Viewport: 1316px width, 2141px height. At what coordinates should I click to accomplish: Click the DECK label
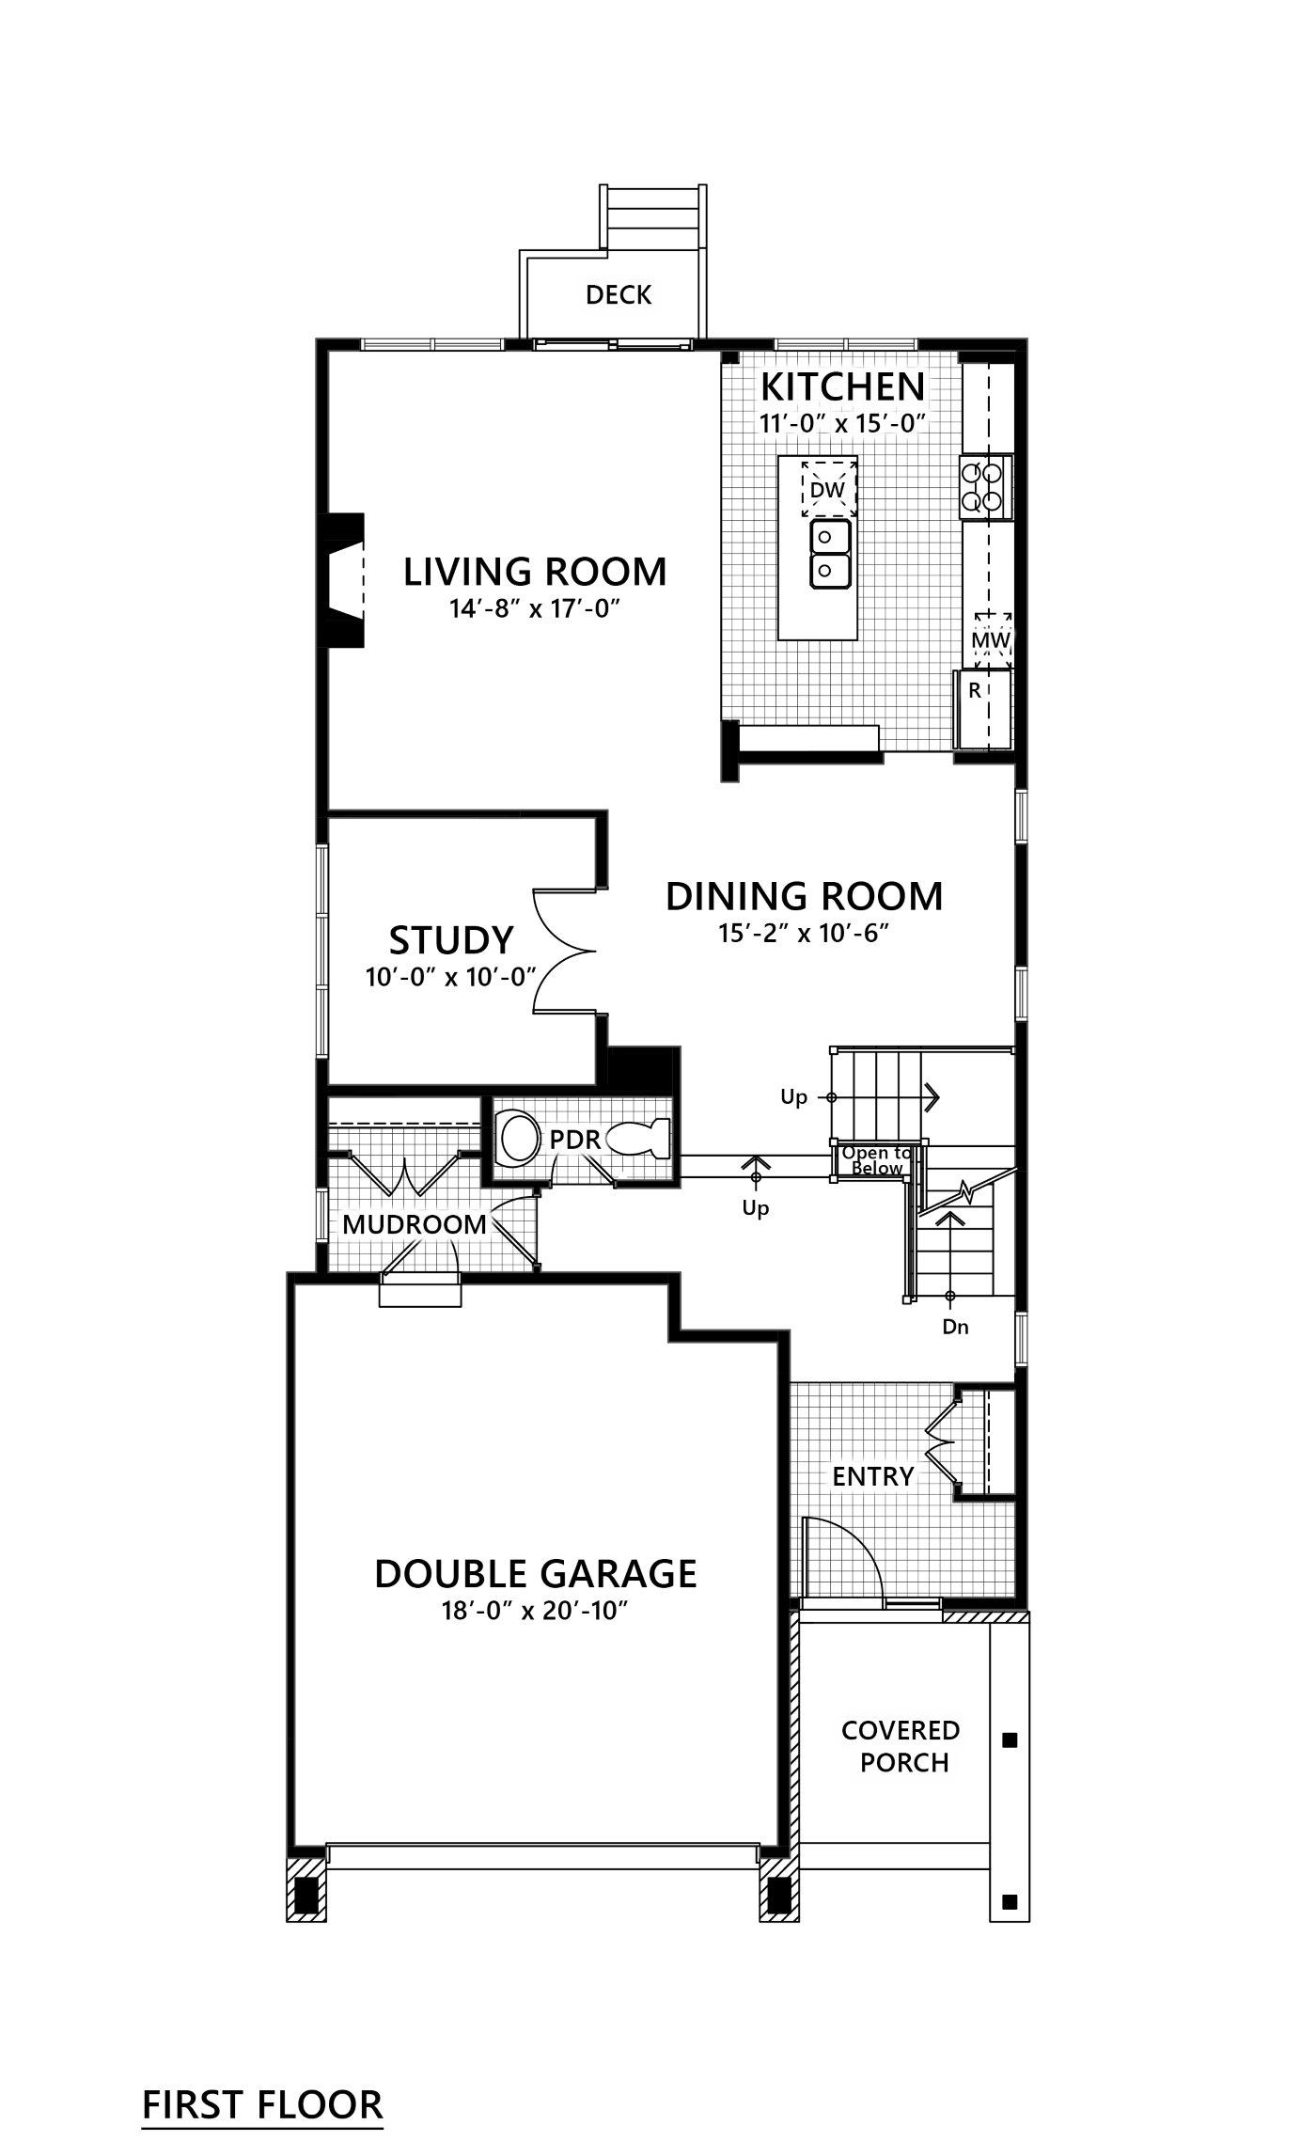(619, 295)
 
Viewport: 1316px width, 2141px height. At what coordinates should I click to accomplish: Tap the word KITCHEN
(843, 387)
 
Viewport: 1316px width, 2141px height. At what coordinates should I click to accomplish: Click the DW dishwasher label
(827, 490)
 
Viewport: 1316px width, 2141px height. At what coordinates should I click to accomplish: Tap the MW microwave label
(990, 641)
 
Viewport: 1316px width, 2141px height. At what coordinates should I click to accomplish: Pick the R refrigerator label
(975, 691)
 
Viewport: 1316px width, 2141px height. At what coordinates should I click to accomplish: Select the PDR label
(574, 1140)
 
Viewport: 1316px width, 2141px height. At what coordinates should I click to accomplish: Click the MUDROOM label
(415, 1224)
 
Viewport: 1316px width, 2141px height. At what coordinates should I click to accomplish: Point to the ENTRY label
(873, 1476)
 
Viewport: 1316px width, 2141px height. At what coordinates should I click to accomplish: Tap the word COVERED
(901, 1730)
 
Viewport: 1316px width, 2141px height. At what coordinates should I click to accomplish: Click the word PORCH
(904, 1763)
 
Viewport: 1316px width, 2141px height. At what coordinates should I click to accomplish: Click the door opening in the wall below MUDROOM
(419, 1278)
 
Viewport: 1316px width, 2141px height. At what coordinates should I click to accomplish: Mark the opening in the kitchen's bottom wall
(918, 759)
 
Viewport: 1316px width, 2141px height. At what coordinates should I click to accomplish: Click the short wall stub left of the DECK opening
(518, 344)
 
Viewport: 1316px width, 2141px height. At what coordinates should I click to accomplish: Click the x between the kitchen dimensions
(842, 426)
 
